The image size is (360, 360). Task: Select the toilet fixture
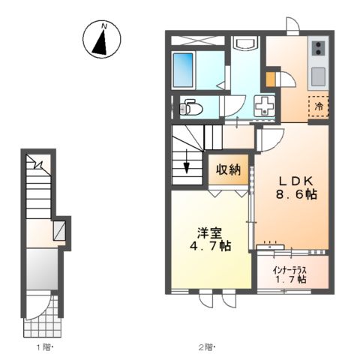[190, 107]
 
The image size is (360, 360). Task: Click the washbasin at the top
[244, 44]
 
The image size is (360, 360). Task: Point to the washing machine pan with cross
[265, 107]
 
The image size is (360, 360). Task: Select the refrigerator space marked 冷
[318, 107]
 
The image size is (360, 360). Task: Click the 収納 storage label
[229, 169]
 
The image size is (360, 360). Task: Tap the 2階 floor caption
[206, 347]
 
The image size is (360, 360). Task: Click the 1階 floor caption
[43, 347]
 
